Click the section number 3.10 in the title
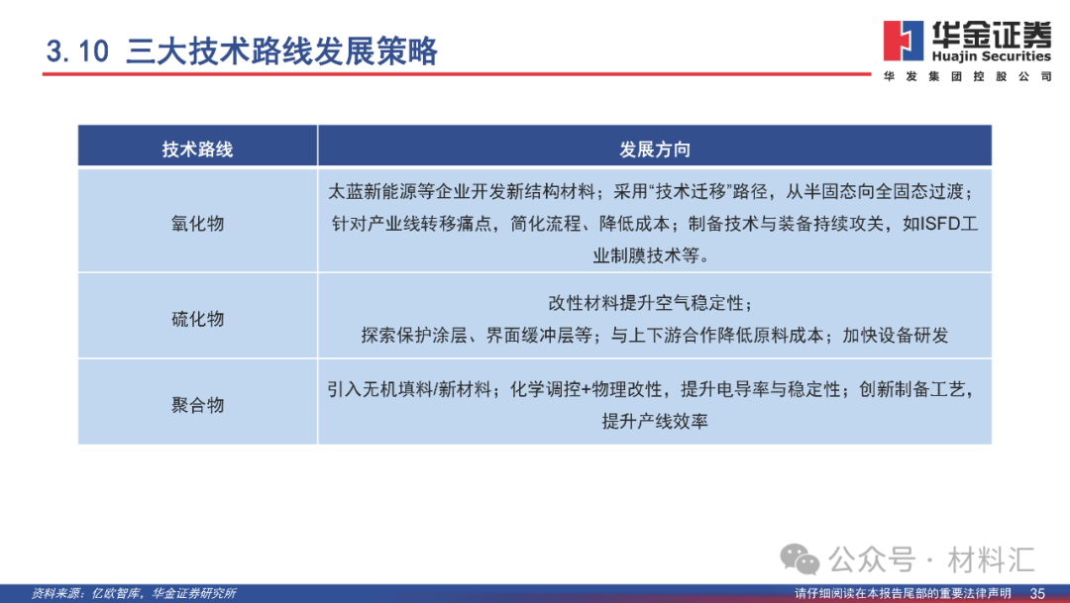(76, 52)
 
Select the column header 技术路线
(197, 149)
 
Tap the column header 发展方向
(654, 149)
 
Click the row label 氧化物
(197, 223)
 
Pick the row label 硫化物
(197, 319)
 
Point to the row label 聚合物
(197, 404)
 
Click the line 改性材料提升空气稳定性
(654, 303)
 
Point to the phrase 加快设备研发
(896, 335)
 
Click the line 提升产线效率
(654, 421)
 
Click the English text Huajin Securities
(992, 56)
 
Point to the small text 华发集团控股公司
(967, 77)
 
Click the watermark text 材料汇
(991, 559)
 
